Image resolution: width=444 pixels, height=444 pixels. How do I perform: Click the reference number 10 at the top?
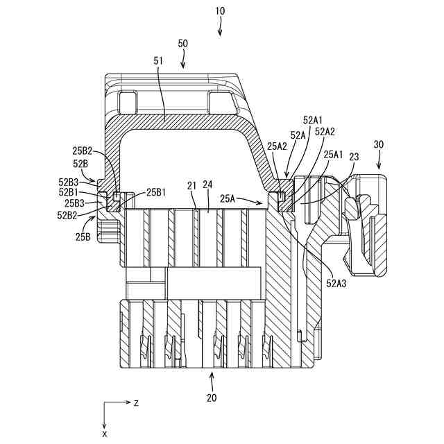(x=221, y=12)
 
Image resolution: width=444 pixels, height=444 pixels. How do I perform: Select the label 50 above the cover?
(x=183, y=43)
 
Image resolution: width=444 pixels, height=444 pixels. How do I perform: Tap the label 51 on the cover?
(x=157, y=61)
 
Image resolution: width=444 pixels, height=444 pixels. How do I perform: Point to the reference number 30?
(x=378, y=144)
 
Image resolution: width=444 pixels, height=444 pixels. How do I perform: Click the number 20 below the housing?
(x=212, y=398)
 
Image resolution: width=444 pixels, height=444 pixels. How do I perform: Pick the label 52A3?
(x=337, y=283)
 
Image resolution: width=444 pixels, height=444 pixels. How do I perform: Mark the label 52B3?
(x=69, y=182)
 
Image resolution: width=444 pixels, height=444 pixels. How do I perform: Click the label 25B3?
(x=75, y=203)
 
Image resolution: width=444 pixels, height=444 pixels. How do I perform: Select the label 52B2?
(x=69, y=215)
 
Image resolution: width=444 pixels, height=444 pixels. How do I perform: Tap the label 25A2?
(x=277, y=146)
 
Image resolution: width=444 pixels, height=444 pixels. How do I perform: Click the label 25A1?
(x=334, y=153)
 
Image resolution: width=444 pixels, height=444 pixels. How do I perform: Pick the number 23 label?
(x=353, y=157)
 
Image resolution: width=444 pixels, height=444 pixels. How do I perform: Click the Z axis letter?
(x=137, y=403)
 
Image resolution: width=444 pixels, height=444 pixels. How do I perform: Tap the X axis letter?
(x=105, y=434)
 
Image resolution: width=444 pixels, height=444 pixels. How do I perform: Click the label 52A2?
(x=325, y=131)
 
